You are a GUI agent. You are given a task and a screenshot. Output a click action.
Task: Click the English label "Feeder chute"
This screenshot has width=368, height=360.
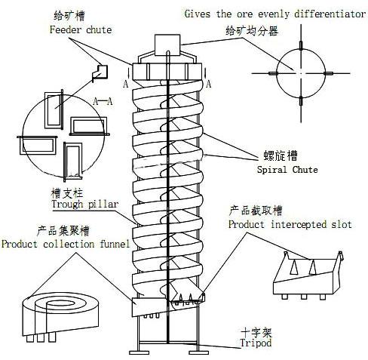(x=81, y=29)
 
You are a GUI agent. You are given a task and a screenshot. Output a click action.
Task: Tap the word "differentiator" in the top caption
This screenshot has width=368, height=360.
(x=330, y=14)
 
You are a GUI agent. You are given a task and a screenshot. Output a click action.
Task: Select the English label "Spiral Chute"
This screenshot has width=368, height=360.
(x=287, y=169)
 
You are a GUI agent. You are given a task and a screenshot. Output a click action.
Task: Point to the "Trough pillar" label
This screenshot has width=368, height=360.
(x=84, y=204)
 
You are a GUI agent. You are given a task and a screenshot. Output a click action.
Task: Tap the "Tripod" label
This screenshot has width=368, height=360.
(x=256, y=343)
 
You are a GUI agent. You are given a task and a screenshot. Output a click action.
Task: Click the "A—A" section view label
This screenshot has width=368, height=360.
(x=103, y=102)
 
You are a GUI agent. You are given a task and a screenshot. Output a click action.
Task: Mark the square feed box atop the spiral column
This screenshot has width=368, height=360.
(x=167, y=45)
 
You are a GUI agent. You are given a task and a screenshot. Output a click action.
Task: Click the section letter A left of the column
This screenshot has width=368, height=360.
(x=126, y=84)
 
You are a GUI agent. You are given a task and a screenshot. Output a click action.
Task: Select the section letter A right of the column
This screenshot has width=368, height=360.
(x=208, y=84)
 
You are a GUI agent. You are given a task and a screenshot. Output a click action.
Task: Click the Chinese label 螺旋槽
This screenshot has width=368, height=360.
(x=281, y=155)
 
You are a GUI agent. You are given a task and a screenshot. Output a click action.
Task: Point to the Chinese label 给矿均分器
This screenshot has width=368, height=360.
(x=252, y=31)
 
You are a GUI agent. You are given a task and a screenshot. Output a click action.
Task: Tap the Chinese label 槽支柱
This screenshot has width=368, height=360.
(x=67, y=193)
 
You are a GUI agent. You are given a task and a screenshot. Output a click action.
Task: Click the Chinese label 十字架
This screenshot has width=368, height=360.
(x=256, y=333)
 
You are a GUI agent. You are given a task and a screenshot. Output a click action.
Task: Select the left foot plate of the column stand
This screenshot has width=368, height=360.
(x=139, y=352)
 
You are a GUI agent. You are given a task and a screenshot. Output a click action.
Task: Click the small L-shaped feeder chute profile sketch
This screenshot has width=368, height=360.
(x=100, y=73)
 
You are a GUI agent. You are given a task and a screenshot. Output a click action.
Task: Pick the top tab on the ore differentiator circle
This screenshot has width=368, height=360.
(x=301, y=45)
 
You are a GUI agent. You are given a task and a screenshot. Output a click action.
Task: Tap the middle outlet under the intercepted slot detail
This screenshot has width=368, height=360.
(x=304, y=297)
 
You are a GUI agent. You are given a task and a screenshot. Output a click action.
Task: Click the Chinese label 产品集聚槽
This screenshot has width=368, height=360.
(x=63, y=231)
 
